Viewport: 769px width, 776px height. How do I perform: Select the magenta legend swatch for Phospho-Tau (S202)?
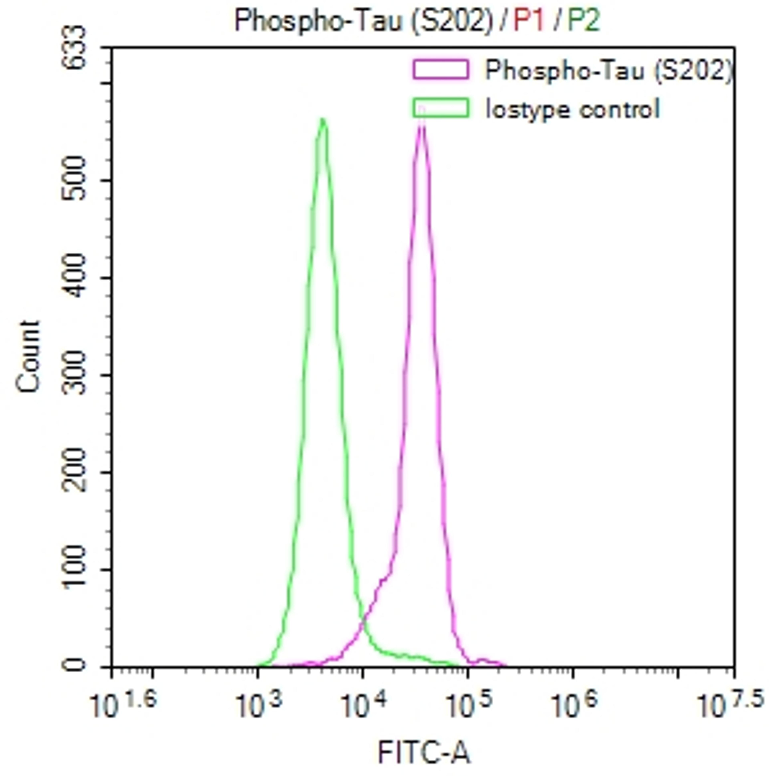[441, 69]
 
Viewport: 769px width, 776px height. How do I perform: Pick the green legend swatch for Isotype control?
[441, 108]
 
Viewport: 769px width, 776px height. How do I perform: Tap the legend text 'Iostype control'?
[572, 109]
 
